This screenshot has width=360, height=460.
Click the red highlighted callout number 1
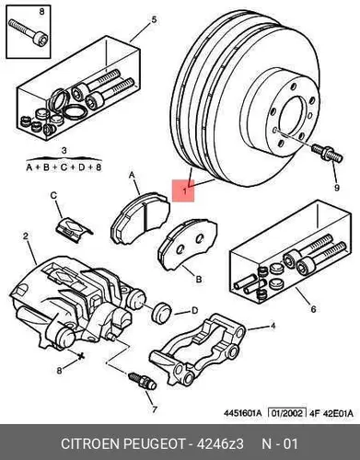coord(185,191)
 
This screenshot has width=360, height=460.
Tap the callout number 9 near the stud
coord(337,188)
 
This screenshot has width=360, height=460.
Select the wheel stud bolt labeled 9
coord(327,154)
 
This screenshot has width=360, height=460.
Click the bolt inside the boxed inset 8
coord(28,33)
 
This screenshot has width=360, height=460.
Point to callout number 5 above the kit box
coord(154,20)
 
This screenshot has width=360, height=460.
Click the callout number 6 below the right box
coord(313,309)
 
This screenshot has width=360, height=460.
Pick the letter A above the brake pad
coord(132,176)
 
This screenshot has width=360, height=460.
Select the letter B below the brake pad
coord(199,280)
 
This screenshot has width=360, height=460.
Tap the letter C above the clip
coord(53,195)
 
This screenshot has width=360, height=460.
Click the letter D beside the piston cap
coord(194,311)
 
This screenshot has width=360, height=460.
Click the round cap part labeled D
coord(161,313)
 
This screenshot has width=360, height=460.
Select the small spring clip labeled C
coord(74,229)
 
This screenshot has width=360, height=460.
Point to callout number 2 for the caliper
coord(26,236)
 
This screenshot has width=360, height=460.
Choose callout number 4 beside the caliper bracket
coord(273,326)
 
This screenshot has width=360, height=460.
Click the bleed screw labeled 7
coord(142,381)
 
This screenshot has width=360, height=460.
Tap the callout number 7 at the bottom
coord(155,409)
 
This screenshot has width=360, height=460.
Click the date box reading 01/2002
coord(287,413)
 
